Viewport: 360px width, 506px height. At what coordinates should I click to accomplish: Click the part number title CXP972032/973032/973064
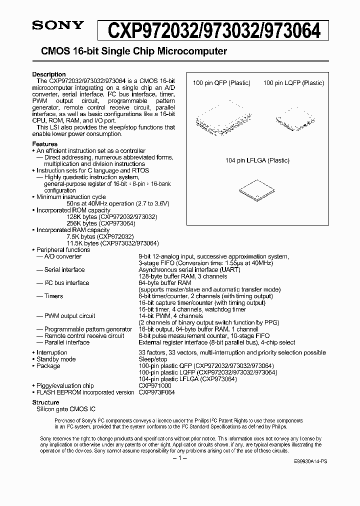[218, 30]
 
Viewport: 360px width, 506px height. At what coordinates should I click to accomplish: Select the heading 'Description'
[48, 74]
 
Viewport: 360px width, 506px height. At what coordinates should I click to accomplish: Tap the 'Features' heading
[44, 144]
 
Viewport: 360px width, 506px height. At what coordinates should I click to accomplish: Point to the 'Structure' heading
[45, 402]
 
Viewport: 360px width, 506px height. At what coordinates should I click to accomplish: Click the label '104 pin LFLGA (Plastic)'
[257, 160]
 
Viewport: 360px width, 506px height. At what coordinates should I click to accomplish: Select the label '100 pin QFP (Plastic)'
[221, 83]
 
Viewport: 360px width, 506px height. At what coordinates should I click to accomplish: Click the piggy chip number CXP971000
[155, 386]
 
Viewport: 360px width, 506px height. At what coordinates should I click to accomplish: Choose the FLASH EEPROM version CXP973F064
[156, 392]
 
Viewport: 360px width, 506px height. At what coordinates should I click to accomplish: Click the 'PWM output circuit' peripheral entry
[69, 316]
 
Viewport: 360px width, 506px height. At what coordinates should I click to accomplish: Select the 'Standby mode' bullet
[56, 359]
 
